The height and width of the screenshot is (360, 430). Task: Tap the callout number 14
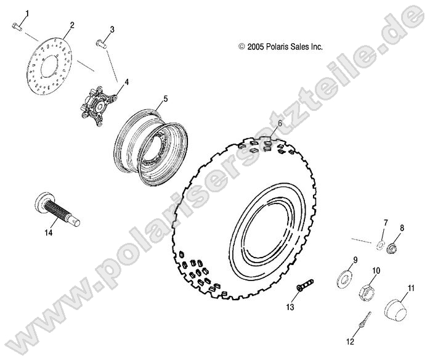[48, 232]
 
